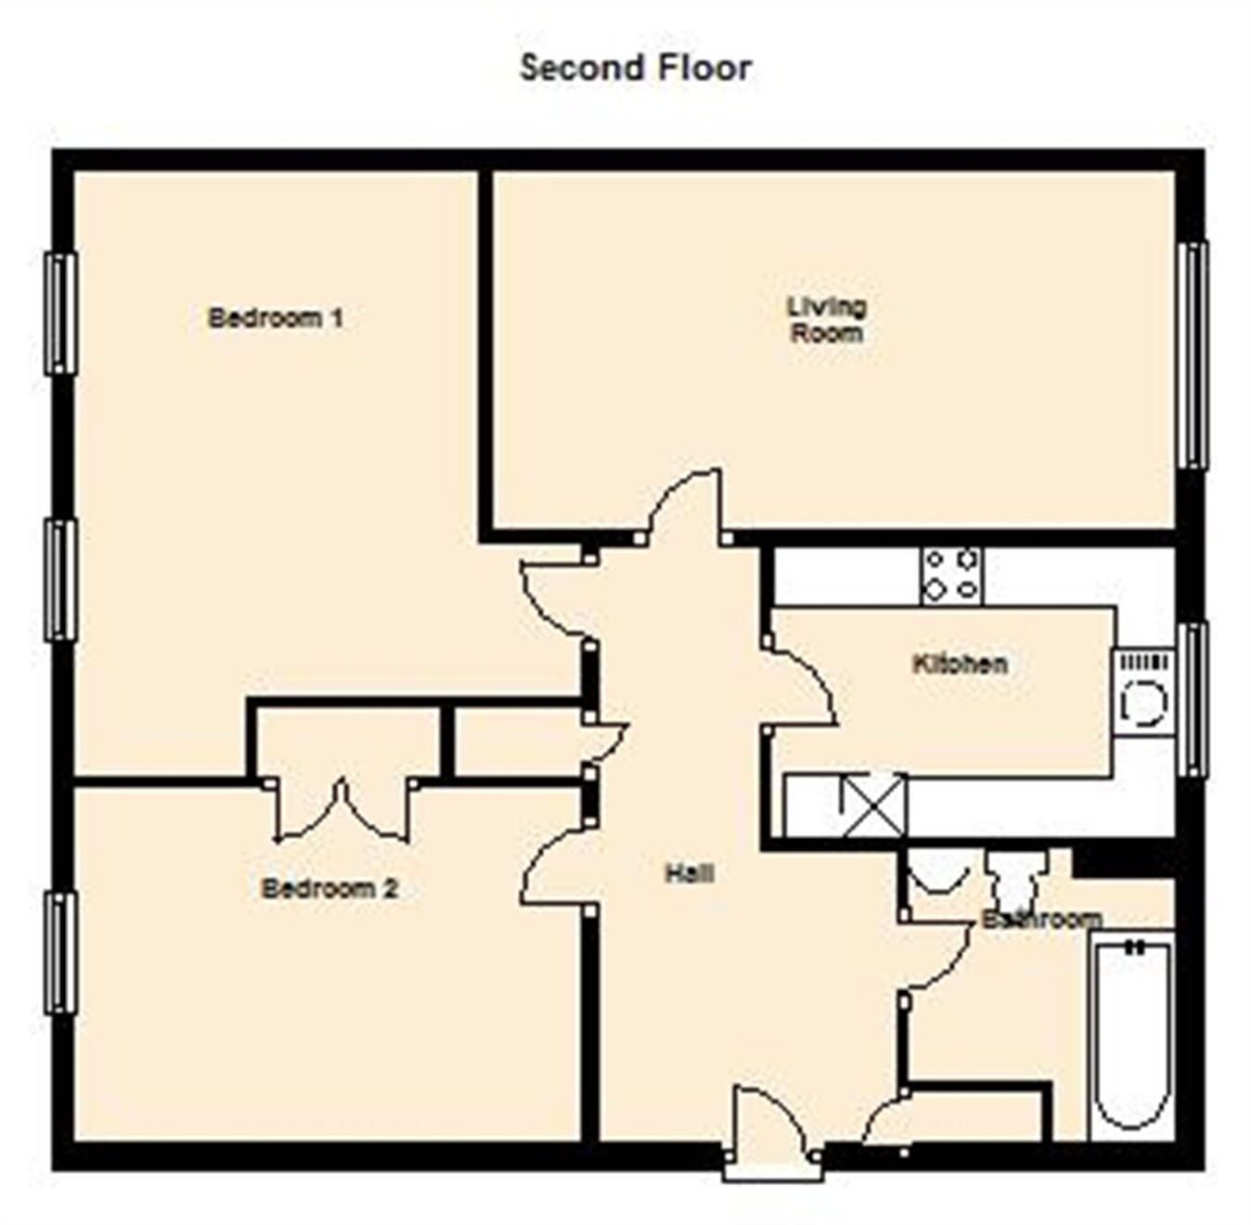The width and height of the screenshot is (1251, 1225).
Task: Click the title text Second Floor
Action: (635, 68)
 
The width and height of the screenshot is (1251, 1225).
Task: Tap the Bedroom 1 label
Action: (276, 318)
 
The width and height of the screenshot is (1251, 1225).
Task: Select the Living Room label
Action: (826, 319)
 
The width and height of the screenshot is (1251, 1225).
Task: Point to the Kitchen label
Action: (960, 664)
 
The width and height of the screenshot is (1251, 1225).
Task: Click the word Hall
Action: (689, 872)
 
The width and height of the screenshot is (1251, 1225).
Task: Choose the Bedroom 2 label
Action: (329, 888)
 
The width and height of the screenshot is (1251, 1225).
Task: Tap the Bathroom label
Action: (1041, 919)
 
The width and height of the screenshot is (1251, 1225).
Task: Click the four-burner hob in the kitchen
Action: (951, 575)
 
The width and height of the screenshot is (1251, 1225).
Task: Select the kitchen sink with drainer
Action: (1143, 692)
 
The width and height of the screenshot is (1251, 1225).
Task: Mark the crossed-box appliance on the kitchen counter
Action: (873, 803)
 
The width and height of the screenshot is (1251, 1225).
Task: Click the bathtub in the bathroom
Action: (1131, 1035)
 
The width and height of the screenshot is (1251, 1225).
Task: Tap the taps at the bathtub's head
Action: (1133, 948)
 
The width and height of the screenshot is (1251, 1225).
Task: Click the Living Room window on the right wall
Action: (1193, 355)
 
